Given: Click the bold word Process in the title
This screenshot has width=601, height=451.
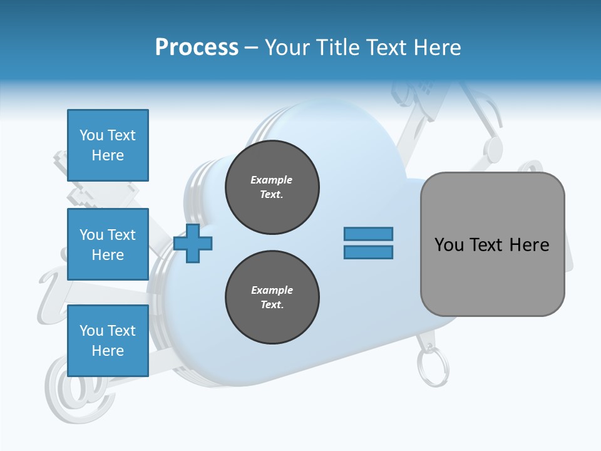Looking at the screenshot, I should point(197,48).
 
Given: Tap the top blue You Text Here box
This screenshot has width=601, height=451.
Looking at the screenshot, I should point(108,145).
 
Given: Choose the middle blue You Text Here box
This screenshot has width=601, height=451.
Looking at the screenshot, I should point(108,244).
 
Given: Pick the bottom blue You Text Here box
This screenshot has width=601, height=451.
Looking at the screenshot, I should point(108,341).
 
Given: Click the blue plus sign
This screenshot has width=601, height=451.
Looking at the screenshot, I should point(193,244).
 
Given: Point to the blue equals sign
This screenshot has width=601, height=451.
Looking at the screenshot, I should point(368,243).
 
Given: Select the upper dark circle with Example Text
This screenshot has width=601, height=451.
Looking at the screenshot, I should point(272,187).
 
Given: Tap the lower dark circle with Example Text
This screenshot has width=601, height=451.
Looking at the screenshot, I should point(272,298).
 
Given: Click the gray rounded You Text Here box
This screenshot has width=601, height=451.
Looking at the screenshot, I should point(492,244).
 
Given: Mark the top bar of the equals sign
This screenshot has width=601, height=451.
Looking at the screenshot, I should point(368,234).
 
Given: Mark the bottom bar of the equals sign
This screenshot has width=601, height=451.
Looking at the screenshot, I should point(368,252).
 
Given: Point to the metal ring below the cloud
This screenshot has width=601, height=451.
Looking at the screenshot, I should point(433,369).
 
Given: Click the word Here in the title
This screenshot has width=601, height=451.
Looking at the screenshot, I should point(437,48).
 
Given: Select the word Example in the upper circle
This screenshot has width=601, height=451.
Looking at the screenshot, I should point(272,180).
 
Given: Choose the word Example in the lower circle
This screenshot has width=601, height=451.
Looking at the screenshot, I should point(272,291).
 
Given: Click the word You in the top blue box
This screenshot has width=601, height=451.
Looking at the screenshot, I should point(91,135).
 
